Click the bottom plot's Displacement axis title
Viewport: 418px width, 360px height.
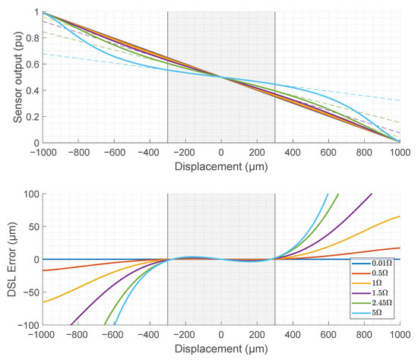coord(221,352)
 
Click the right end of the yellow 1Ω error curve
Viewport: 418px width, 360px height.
coord(401,216)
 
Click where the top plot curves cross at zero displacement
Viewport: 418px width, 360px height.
coord(221,77)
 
